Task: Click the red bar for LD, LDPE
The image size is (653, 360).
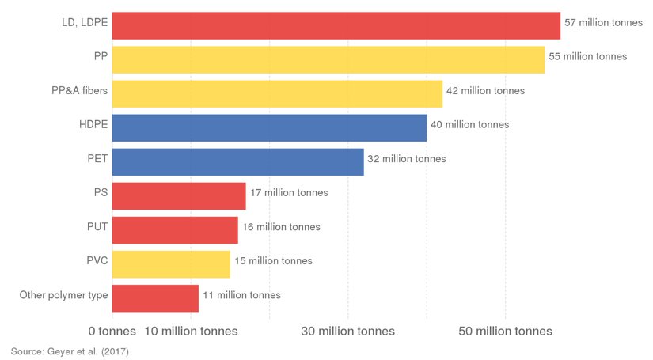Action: point(336,25)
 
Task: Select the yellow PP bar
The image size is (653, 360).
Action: point(328,59)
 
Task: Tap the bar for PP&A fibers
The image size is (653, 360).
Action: point(277,93)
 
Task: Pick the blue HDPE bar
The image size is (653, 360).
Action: point(269,127)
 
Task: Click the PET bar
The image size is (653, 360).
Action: point(237,161)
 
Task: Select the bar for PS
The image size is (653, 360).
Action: point(179,195)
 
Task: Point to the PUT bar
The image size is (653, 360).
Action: point(175,229)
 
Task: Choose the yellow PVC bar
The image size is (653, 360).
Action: point(171,263)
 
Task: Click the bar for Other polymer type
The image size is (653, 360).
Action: point(155,297)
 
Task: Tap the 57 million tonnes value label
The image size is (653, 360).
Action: point(603,23)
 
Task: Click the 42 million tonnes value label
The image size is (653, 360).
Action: point(485,91)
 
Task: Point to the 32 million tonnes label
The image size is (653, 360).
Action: point(407,159)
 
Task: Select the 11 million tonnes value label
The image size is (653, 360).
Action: point(241,295)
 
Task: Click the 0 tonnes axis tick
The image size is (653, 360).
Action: point(112,331)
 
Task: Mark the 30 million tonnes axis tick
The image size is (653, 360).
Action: point(347,331)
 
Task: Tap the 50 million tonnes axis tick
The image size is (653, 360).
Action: point(505,331)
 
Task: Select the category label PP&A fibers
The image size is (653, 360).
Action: point(79,91)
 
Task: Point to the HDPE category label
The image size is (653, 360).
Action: point(93,125)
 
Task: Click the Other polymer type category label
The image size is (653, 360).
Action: point(63,295)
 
